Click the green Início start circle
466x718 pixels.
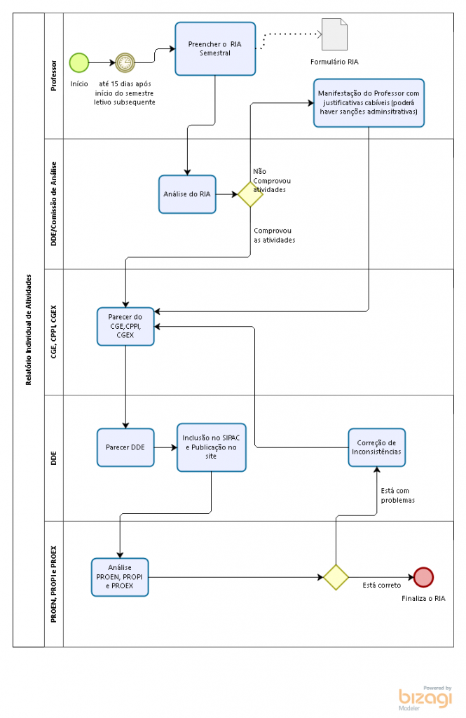(78, 62)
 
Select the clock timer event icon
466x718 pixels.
(125, 62)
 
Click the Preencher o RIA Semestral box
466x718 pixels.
(215, 48)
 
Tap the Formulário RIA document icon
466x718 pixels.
(335, 34)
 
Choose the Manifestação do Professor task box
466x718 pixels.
(369, 102)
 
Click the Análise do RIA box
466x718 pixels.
(187, 194)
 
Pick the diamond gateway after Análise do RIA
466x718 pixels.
(250, 194)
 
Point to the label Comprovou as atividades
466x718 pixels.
(275, 236)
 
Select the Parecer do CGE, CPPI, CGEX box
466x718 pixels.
(125, 327)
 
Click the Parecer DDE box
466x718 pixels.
(125, 447)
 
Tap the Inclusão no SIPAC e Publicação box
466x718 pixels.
(212, 447)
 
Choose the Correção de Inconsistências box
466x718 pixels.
(377, 447)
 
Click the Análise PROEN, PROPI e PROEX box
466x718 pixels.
(120, 577)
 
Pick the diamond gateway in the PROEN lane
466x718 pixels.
(336, 577)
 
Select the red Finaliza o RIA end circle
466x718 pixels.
(423, 577)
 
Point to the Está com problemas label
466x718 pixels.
(398, 496)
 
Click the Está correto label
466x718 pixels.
(382, 585)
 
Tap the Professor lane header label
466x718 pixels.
(54, 76)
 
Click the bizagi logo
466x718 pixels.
(425, 698)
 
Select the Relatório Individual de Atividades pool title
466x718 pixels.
(29, 330)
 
